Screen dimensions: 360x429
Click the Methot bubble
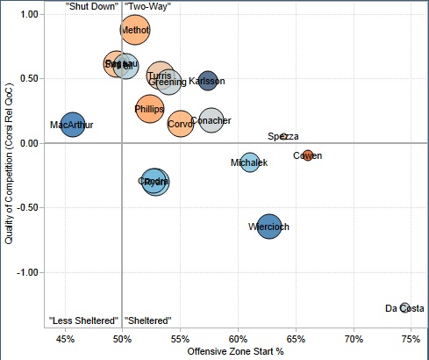tap(135, 30)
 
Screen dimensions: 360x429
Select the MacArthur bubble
tap(72, 126)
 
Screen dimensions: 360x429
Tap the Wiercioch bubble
tap(269, 227)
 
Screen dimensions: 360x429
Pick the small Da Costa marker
tap(404, 307)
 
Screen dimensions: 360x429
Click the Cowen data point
tap(307, 155)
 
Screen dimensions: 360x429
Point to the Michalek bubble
tap(249, 162)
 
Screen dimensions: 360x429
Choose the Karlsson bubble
tap(207, 81)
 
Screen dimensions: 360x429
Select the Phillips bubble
tap(150, 109)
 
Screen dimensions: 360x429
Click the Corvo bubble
tap(180, 124)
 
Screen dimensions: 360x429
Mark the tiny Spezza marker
tap(283, 136)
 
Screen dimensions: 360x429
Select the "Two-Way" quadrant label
tap(147, 6)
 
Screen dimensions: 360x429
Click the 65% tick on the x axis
tap(296, 338)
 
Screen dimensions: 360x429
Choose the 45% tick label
tap(64, 338)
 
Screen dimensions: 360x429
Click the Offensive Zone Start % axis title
tap(235, 351)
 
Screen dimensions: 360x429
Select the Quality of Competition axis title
tap(8, 166)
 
